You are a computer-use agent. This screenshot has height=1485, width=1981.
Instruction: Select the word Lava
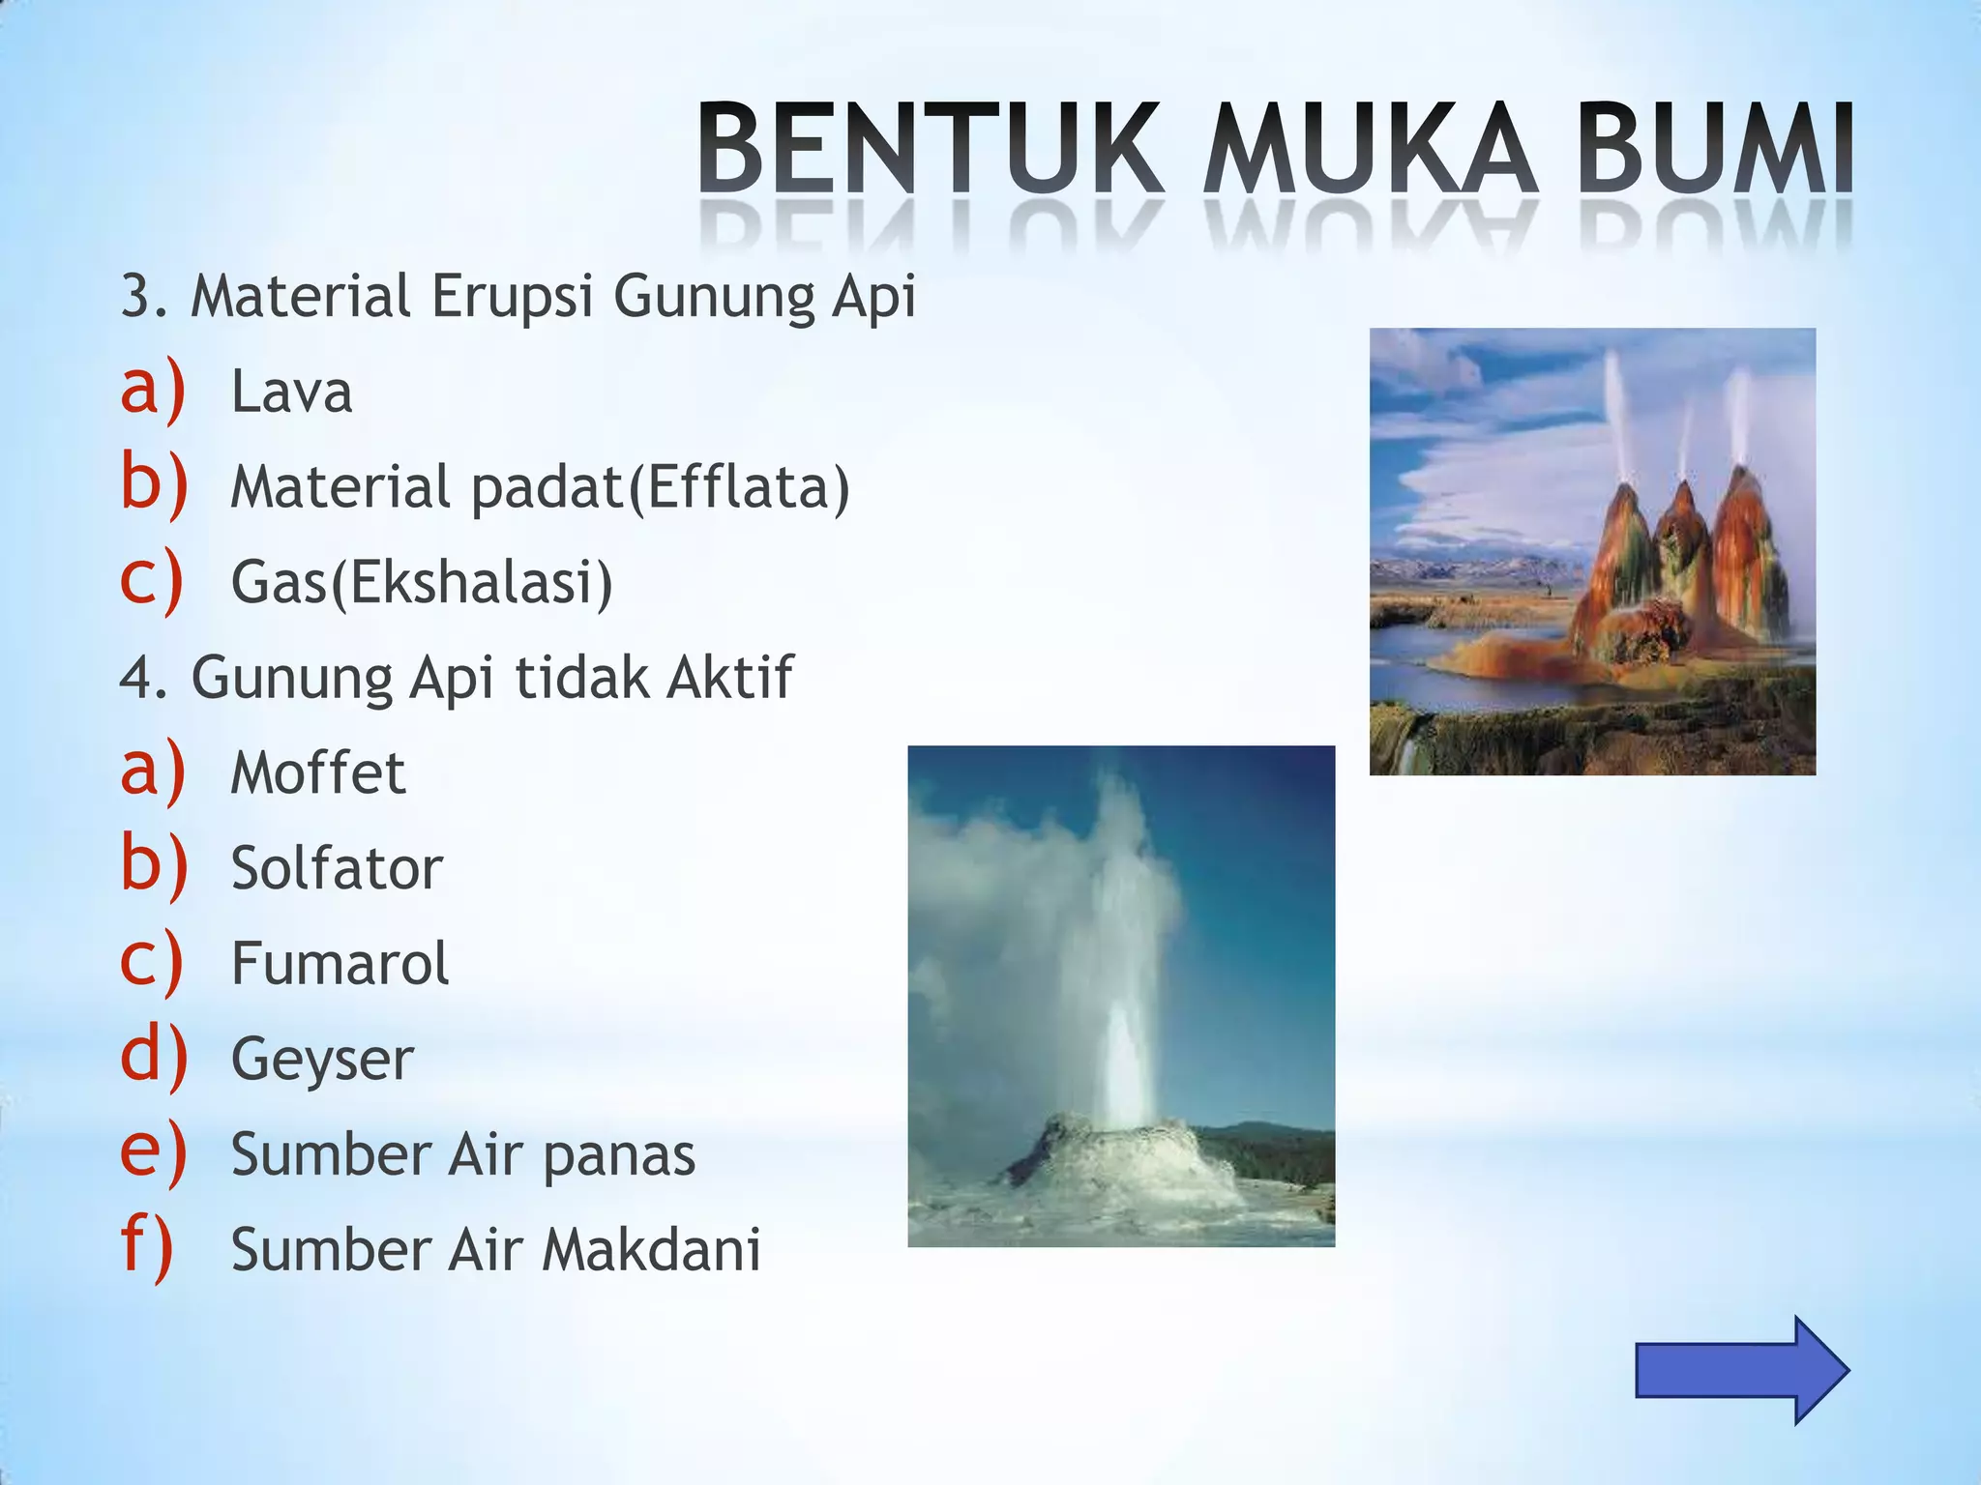click(291, 393)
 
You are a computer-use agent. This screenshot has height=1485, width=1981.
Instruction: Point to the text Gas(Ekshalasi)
click(422, 582)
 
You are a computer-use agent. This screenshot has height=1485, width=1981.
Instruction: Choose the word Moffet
click(317, 772)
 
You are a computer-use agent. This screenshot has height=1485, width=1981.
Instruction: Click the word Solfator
click(336, 867)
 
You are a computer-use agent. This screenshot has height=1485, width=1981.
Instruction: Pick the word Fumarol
click(340, 963)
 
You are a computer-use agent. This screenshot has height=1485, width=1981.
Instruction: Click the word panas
click(618, 1154)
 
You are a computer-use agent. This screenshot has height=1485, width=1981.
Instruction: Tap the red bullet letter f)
click(148, 1247)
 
